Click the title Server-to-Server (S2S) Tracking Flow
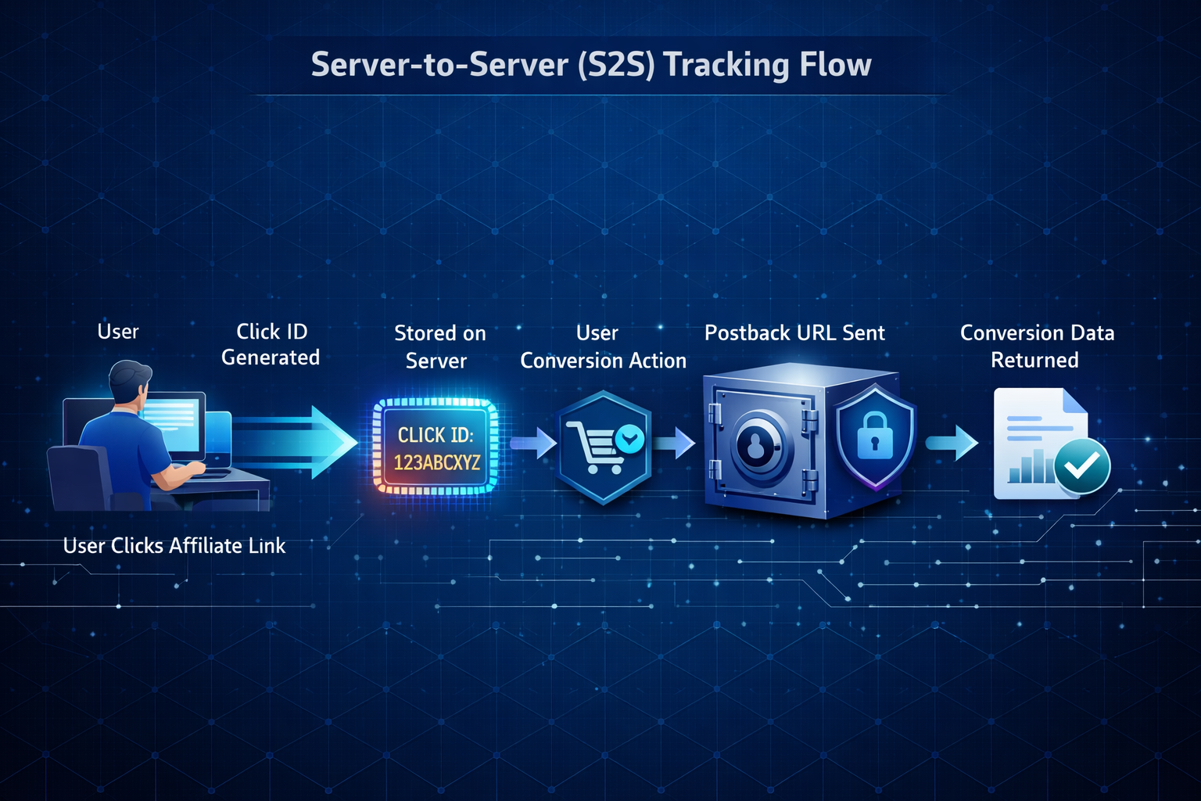pyautogui.click(x=591, y=65)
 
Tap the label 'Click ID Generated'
pyautogui.click(x=271, y=344)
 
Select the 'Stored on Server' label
pyautogui.click(x=439, y=347)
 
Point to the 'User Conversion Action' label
pyautogui.click(x=602, y=347)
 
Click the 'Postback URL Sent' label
pyautogui.click(x=794, y=333)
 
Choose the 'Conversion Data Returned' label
pyautogui.click(x=1037, y=347)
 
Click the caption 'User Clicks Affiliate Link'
pyautogui.click(x=174, y=546)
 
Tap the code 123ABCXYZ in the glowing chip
pyautogui.click(x=437, y=463)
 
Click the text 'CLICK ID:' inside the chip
pyautogui.click(x=436, y=435)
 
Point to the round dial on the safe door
pyautogui.click(x=756, y=446)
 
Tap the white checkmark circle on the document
pyautogui.click(x=1081, y=467)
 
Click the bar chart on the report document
pyautogui.click(x=1028, y=467)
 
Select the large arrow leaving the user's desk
pyautogui.click(x=297, y=443)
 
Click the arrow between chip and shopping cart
pyautogui.click(x=533, y=444)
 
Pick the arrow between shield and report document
pyautogui.click(x=952, y=443)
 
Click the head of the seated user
pyautogui.click(x=129, y=381)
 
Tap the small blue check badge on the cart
pyautogui.click(x=629, y=439)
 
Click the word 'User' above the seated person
pyautogui.click(x=118, y=332)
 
